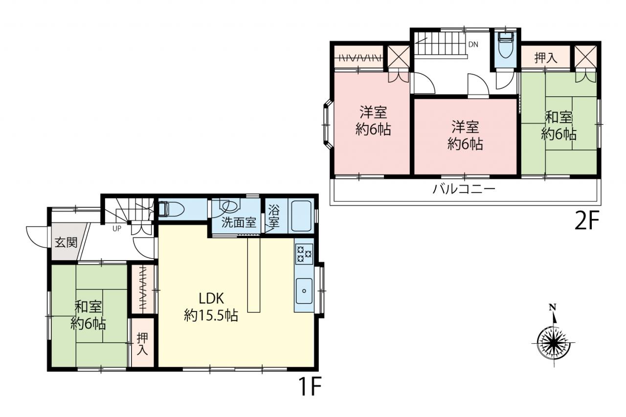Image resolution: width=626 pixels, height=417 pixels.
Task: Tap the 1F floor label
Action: coord(311,386)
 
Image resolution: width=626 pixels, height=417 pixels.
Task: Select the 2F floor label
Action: coord(587,220)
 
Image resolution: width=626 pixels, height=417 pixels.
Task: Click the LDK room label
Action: coord(211,298)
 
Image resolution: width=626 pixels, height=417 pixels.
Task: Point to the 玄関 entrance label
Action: coord(66,242)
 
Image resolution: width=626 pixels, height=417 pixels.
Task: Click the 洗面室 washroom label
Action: coord(239,222)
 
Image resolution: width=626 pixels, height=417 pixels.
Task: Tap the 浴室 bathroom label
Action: coord(273,216)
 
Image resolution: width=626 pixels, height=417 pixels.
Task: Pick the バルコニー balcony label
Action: coord(464,189)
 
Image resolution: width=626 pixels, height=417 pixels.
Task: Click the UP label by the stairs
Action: coord(117,228)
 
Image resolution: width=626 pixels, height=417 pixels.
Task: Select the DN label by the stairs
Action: coord(473,44)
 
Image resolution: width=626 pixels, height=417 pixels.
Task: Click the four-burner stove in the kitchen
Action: coord(304,254)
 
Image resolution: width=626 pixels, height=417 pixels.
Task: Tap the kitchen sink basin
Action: coord(304,291)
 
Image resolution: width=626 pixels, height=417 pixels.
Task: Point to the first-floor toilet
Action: coord(171,209)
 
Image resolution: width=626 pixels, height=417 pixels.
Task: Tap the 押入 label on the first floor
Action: coord(142,344)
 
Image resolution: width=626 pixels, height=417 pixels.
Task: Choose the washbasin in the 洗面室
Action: coord(230,206)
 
